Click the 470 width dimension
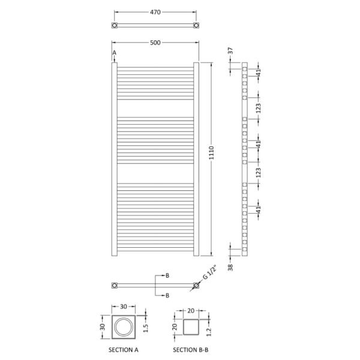(x=155, y=12)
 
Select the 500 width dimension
(x=155, y=43)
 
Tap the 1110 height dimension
(x=211, y=152)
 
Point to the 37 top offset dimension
(x=230, y=51)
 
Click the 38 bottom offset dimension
(x=230, y=268)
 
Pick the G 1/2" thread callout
(x=209, y=272)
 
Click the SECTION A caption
(x=123, y=350)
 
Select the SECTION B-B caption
(x=191, y=350)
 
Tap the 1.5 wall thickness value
(x=146, y=328)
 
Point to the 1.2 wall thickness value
(x=209, y=332)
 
